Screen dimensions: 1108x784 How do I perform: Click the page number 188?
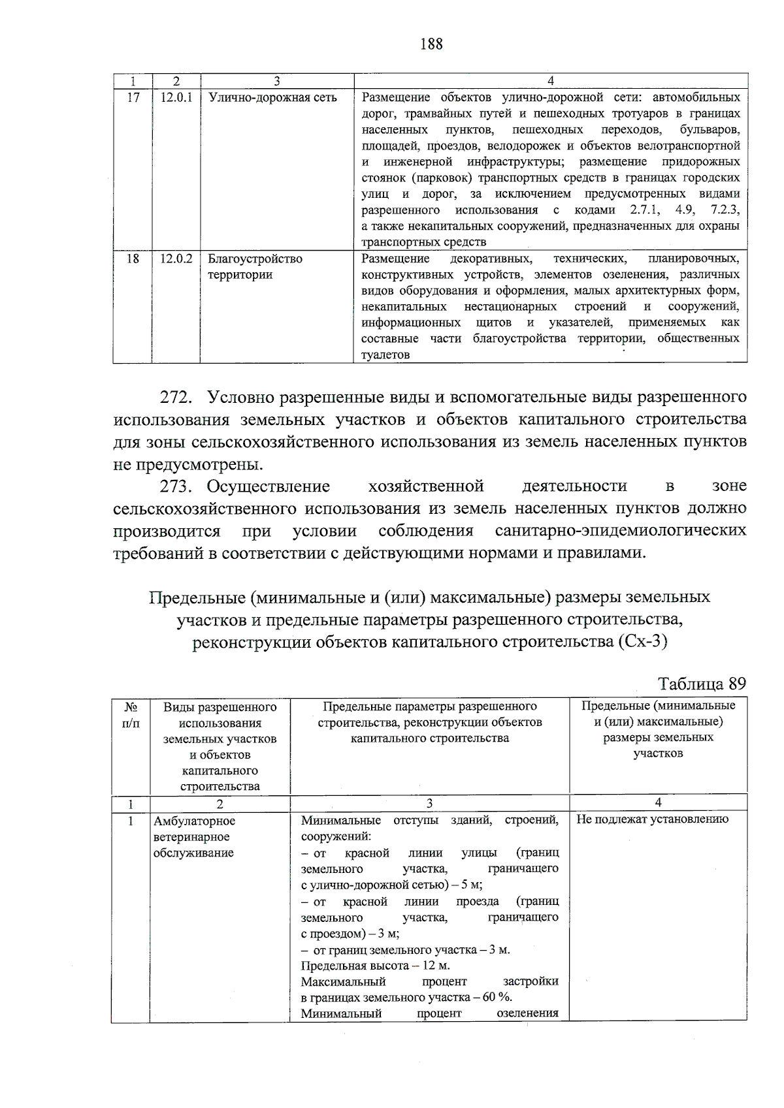[432, 44]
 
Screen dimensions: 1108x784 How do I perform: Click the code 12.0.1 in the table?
[176, 98]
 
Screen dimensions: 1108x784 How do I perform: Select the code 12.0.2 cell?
[176, 259]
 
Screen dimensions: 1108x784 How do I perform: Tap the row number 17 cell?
[133, 98]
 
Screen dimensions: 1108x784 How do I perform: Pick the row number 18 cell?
[133, 259]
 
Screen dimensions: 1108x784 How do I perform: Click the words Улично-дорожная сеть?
[272, 98]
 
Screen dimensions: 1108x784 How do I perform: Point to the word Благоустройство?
[255, 259]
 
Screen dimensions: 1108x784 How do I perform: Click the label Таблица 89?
[702, 684]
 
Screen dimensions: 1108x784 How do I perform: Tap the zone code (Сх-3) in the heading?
[642, 641]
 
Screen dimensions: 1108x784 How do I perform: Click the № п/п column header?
[131, 714]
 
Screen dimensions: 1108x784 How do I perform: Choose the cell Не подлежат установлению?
[652, 819]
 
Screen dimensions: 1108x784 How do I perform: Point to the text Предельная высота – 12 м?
[375, 966]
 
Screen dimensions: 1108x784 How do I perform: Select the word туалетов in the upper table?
[385, 355]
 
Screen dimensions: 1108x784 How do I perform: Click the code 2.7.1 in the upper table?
[645, 210]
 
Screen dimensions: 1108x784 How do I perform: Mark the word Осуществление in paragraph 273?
[268, 486]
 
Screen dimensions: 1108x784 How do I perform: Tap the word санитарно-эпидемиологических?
[620, 530]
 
